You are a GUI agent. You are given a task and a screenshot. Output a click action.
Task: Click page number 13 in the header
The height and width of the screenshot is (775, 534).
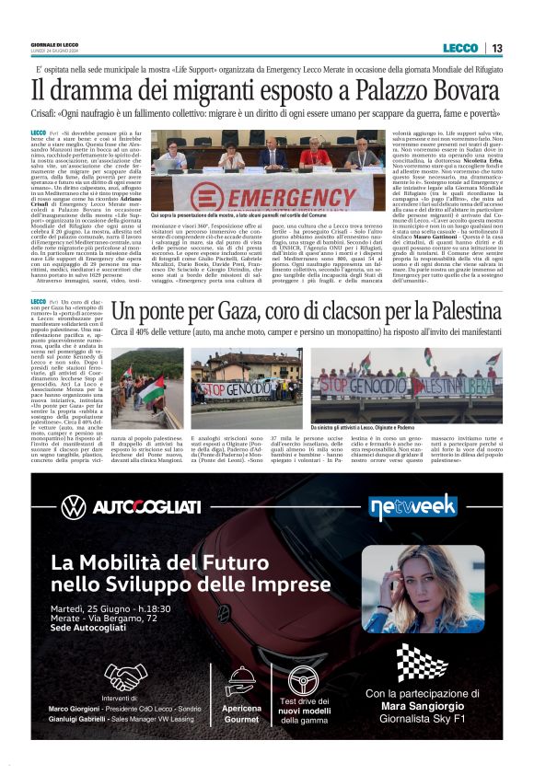(x=496, y=48)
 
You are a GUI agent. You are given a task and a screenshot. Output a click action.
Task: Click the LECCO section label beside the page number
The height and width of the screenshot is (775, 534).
(x=460, y=48)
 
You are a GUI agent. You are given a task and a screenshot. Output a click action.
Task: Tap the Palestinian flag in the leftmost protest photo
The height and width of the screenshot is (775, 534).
(x=150, y=386)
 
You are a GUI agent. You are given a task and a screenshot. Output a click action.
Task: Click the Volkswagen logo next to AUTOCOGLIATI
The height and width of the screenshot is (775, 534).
(x=73, y=506)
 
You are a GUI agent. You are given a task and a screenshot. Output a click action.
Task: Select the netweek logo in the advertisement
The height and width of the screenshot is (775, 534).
(x=406, y=507)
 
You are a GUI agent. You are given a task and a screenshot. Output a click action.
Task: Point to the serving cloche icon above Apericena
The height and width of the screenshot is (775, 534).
(x=240, y=682)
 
